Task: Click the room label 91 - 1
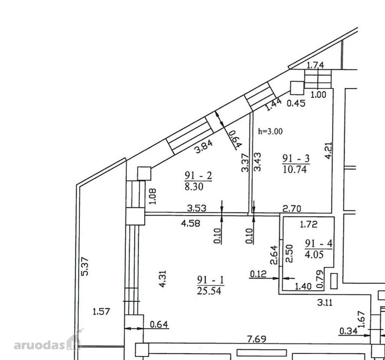click(x=210, y=280)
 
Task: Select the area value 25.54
click(x=209, y=291)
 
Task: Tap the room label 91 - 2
click(x=198, y=176)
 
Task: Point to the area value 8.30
click(x=194, y=186)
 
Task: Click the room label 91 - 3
click(x=296, y=158)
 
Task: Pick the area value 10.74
click(x=295, y=169)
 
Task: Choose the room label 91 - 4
click(x=319, y=244)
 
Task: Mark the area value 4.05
click(x=314, y=254)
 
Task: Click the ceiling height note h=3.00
click(x=270, y=131)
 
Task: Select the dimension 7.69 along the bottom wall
click(x=257, y=339)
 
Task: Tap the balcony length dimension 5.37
click(x=85, y=266)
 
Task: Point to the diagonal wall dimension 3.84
click(x=203, y=147)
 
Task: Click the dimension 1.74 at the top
click(x=315, y=65)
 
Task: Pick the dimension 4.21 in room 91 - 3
click(x=329, y=150)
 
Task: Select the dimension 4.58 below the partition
click(x=191, y=223)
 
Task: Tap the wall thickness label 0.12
click(x=258, y=274)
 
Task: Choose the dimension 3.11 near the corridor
click(x=325, y=302)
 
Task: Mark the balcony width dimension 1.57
click(x=101, y=312)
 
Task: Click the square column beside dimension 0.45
click(x=297, y=88)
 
